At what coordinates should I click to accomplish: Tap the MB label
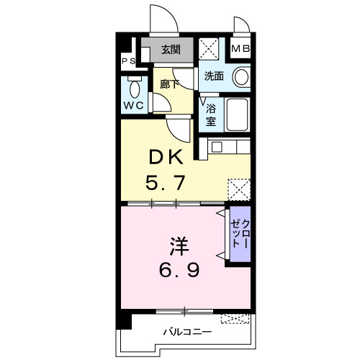240,50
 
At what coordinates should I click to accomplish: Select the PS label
128,62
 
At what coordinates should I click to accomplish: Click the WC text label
134,105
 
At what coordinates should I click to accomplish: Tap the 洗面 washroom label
213,75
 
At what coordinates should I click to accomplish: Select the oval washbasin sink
240,76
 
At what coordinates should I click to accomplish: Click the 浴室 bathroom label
211,115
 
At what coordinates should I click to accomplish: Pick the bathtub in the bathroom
237,114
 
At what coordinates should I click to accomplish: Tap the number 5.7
168,183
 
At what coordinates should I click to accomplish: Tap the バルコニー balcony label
186,333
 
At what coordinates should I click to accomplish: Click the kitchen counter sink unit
229,147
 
